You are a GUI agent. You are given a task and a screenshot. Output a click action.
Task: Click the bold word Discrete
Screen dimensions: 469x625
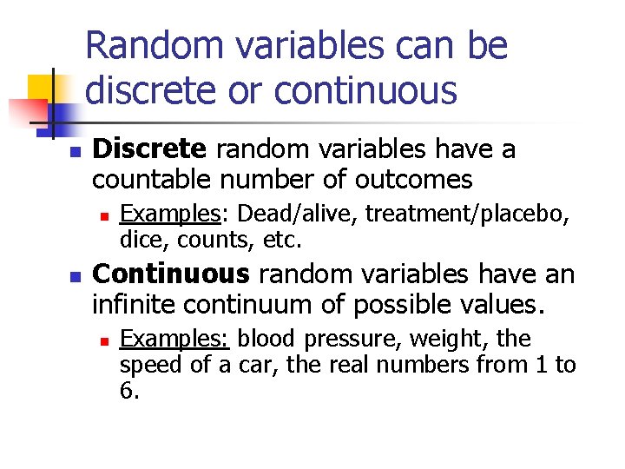[x=149, y=149]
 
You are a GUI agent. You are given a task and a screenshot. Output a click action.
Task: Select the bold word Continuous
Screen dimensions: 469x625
[x=171, y=274]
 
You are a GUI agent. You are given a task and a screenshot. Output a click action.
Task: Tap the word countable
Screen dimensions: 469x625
[x=151, y=180]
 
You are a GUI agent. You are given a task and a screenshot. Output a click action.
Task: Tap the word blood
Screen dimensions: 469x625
[x=266, y=339]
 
